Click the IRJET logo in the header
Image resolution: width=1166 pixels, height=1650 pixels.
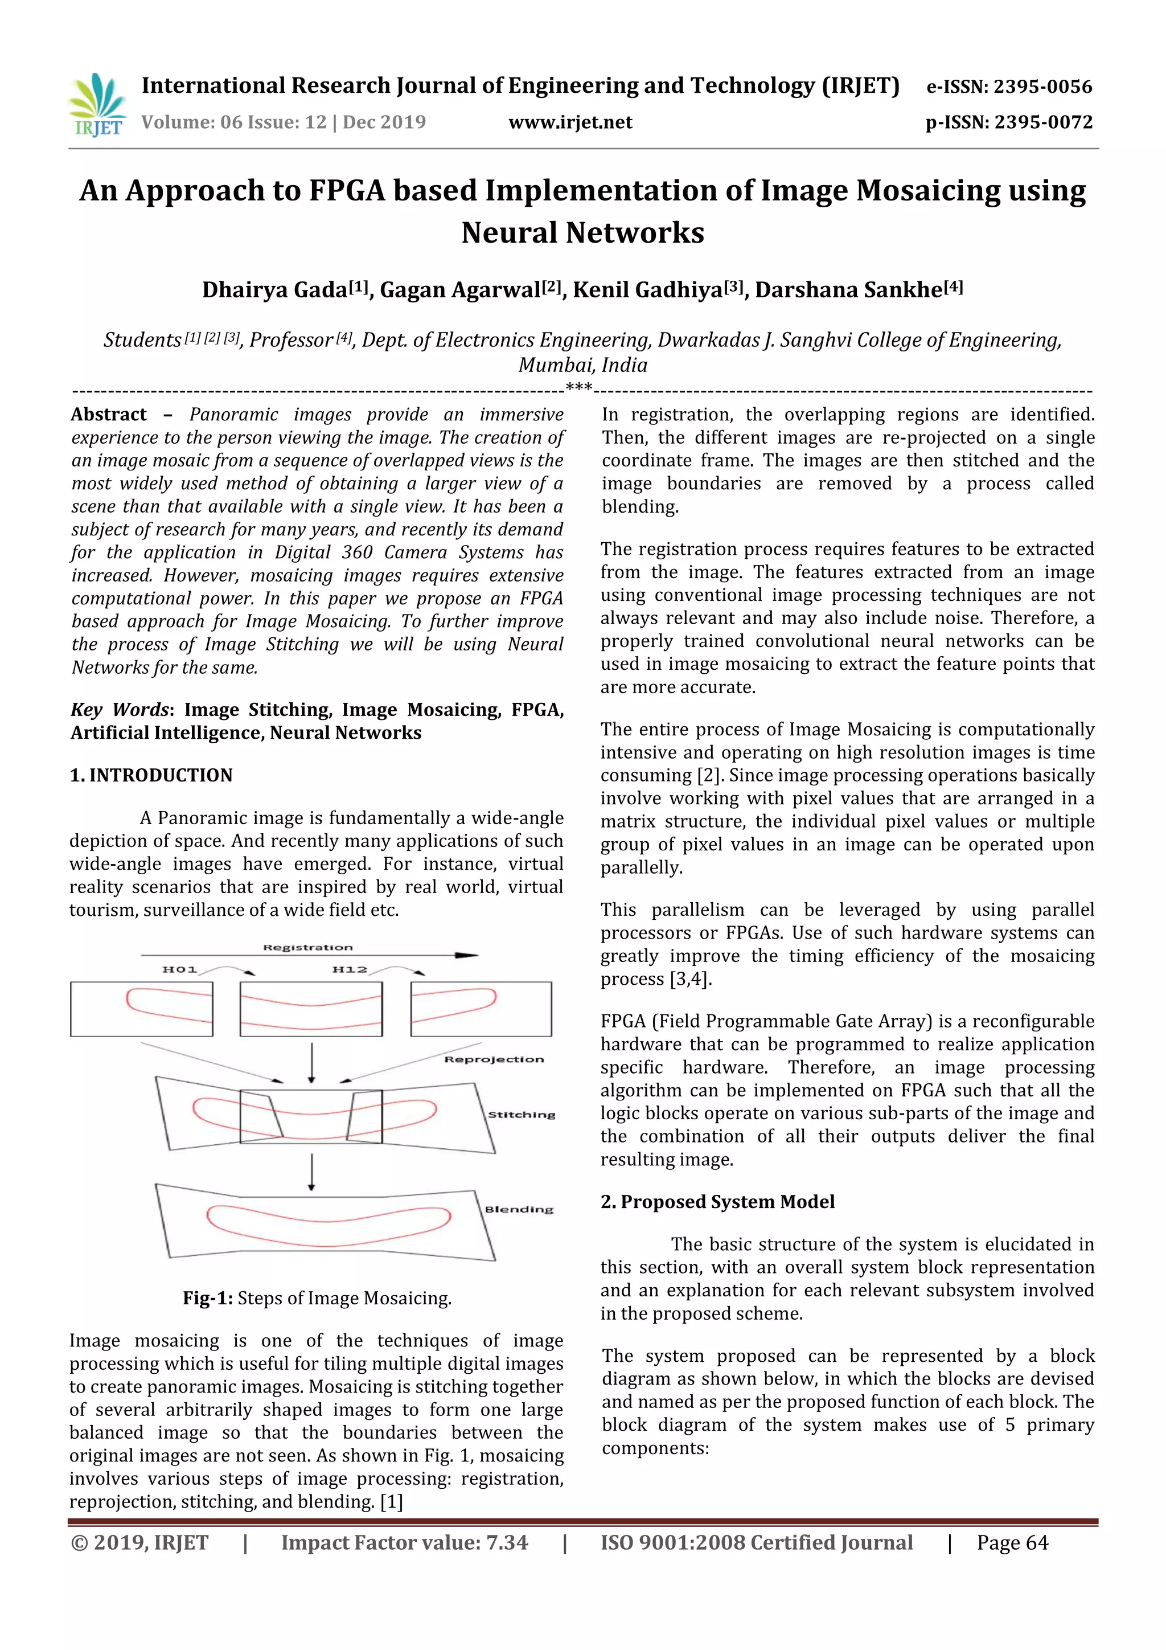click(x=98, y=105)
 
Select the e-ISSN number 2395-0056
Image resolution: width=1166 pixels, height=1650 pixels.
click(x=1042, y=87)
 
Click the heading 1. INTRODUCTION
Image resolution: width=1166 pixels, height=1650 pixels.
click(x=151, y=775)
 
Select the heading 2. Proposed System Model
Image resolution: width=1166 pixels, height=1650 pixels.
click(x=717, y=1202)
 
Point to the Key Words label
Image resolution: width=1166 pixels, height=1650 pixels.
click(x=119, y=710)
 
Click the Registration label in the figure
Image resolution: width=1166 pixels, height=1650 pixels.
click(x=307, y=947)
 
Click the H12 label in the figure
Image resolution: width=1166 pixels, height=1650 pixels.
click(x=350, y=969)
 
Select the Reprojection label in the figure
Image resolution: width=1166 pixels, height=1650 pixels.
click(x=494, y=1059)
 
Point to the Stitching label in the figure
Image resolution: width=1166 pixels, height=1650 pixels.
click(x=522, y=1115)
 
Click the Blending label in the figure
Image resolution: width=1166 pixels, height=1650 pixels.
click(x=519, y=1210)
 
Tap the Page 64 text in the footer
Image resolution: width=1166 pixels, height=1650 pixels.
click(x=1012, y=1542)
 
